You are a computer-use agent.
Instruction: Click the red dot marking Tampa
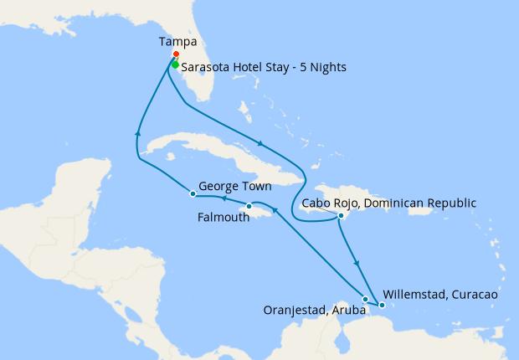175,56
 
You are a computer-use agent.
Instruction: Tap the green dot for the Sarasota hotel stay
175,64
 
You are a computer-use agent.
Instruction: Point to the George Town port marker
193,194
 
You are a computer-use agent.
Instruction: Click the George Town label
235,187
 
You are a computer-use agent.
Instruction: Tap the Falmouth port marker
249,207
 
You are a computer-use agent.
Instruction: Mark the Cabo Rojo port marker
341,216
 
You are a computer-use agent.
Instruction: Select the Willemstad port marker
381,306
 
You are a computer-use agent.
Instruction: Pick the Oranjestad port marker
365,299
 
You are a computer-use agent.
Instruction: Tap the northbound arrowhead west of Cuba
136,131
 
